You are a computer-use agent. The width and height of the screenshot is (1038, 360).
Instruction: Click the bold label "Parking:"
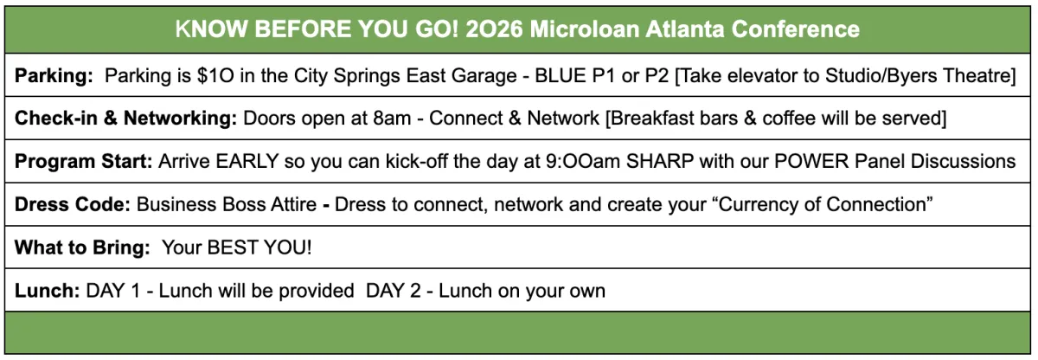[x=54, y=76]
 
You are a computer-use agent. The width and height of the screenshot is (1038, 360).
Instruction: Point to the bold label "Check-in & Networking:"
[x=125, y=119]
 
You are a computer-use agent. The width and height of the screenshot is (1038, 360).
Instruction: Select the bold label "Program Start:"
[x=83, y=162]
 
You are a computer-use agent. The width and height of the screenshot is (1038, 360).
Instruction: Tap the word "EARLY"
[x=247, y=162]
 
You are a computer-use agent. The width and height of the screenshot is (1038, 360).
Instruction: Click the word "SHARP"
[x=660, y=162]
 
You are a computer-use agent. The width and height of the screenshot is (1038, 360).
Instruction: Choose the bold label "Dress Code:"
[x=73, y=205]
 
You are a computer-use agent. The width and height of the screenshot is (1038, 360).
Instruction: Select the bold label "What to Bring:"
[x=82, y=247]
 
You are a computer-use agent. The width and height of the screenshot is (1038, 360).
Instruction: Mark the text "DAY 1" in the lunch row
[x=113, y=291]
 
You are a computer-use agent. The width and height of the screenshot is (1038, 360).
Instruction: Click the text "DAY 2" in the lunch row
[x=394, y=291]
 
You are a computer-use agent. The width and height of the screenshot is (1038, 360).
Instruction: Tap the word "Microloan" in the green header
[x=585, y=29]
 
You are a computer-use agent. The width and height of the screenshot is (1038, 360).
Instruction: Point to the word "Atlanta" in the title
[x=685, y=29]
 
